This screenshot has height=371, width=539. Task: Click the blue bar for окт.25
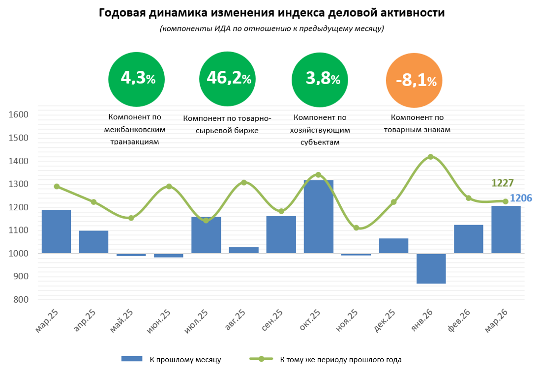point(318,216)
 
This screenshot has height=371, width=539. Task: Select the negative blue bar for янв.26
point(431,268)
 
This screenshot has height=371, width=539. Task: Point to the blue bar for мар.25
point(56,231)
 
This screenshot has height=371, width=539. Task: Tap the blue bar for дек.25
point(393,246)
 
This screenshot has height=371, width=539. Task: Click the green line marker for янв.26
point(431,157)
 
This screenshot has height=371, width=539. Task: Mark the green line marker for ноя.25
point(356,228)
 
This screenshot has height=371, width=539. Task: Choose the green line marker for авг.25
point(244,182)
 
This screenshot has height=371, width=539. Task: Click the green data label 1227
point(503,183)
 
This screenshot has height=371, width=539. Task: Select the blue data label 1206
point(521,198)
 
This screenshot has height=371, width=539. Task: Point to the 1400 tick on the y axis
point(20,161)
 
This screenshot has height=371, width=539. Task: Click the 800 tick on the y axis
point(22,300)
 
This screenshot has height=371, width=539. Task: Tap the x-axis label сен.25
point(272,321)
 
